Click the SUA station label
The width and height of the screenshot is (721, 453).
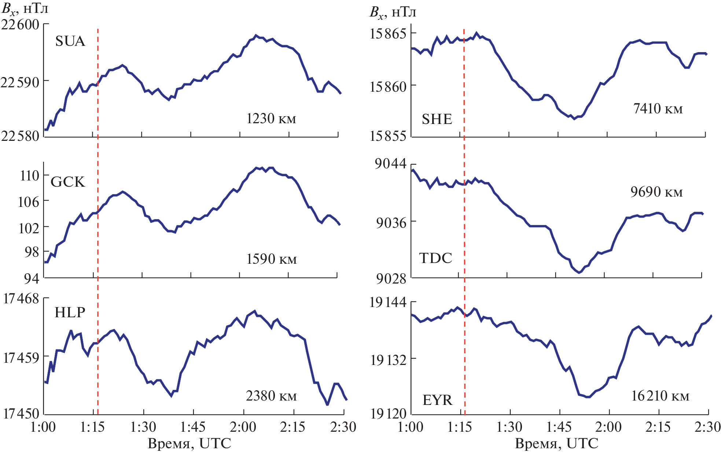coord(70,41)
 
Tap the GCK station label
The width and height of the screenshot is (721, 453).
coord(67,182)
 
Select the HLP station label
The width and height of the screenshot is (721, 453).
coord(70,312)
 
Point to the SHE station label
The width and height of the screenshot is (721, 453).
coord(437,119)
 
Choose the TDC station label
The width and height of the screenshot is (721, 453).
coord(435,258)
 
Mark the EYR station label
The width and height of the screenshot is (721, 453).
coord(437,399)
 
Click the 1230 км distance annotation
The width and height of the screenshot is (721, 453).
coord(271,118)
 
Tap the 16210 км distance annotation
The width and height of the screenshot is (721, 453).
coord(660,396)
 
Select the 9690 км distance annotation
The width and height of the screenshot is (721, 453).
coord(656,192)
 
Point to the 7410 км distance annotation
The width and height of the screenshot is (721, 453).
coord(658,109)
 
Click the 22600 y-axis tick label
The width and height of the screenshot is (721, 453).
coord(20,25)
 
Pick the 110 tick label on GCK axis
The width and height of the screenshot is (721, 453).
coord(29,175)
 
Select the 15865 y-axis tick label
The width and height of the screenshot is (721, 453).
coord(388,34)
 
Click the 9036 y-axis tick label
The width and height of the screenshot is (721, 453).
coord(391,222)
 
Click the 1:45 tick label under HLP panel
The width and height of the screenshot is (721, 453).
coord(193,427)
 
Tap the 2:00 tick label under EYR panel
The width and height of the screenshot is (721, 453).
coord(608,427)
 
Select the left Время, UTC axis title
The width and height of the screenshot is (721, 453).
coord(189,443)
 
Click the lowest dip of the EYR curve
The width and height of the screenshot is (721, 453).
coord(588,397)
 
